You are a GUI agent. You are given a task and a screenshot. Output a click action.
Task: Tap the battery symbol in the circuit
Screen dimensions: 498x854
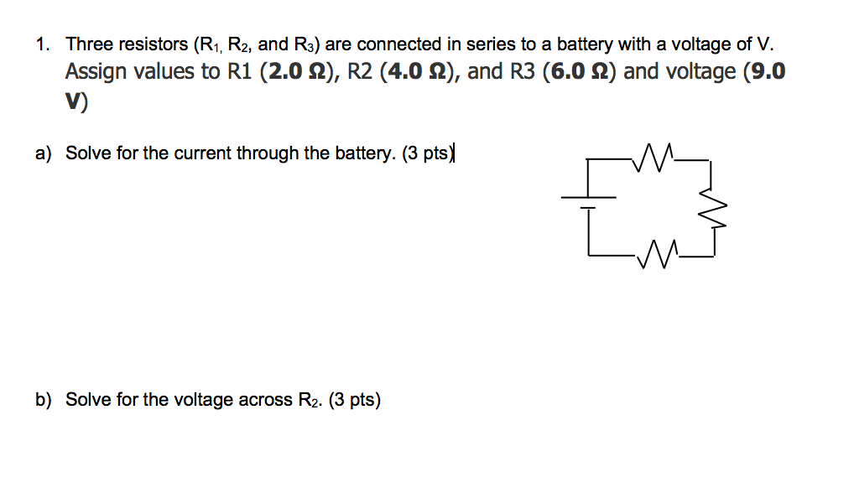589,200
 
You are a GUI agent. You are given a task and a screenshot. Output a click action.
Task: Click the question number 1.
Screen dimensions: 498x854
42,44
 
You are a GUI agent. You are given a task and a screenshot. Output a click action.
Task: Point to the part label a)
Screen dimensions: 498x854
44,153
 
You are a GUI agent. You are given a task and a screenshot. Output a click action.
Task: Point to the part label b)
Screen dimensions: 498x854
44,400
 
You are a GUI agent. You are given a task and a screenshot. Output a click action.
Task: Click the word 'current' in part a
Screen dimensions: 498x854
204,153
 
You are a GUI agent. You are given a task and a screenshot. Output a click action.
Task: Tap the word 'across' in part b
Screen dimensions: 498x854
266,400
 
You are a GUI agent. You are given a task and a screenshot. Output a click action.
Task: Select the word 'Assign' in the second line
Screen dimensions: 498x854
95,72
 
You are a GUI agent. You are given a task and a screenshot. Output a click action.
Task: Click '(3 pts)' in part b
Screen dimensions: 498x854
355,400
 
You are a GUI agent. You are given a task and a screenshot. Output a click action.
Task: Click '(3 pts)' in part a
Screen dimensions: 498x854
427,153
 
